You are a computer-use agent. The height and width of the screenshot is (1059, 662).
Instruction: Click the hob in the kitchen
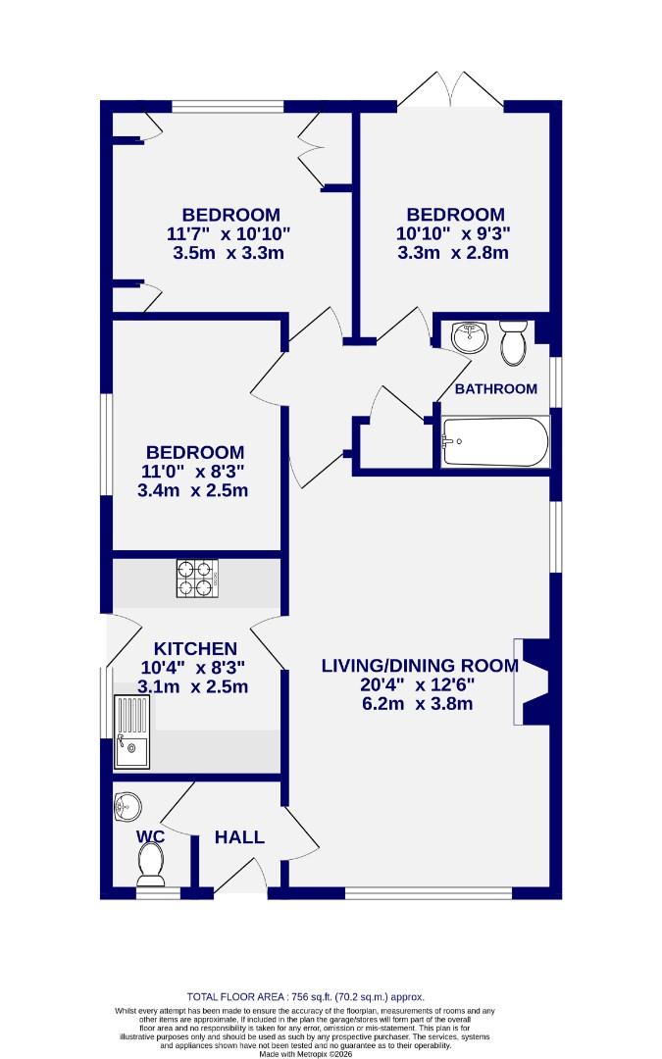195,578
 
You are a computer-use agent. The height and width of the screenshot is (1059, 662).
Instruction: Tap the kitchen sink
131,731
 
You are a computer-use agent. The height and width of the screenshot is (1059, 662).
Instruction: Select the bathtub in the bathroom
495,442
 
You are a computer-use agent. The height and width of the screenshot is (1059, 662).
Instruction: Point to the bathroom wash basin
470,336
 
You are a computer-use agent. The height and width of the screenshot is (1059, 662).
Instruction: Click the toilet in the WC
150,862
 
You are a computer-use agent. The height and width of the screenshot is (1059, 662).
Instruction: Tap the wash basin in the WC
127,807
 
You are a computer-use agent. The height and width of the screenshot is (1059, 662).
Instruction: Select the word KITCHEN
195,648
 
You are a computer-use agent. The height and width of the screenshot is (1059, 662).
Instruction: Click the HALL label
239,836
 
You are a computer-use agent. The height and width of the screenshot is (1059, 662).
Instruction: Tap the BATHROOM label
495,388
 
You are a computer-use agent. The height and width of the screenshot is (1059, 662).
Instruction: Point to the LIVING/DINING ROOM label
420,666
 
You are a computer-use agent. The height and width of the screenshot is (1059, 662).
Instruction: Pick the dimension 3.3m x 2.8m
453,252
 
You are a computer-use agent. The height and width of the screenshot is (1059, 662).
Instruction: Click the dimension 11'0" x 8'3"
193,471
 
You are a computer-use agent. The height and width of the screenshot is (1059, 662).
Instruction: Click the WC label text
150,836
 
